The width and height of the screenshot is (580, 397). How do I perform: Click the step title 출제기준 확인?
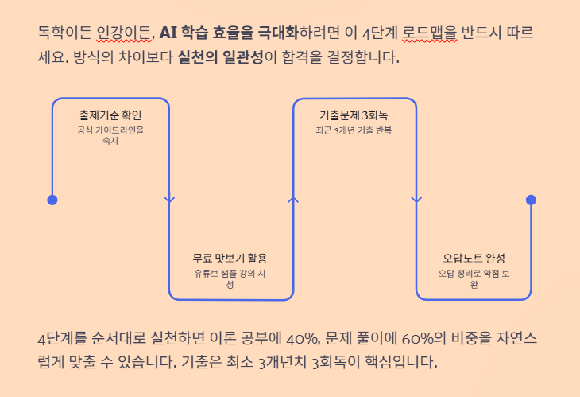(x=110, y=115)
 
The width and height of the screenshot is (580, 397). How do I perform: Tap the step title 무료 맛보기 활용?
(x=230, y=259)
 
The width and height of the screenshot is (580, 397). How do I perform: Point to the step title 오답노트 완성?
(x=474, y=259)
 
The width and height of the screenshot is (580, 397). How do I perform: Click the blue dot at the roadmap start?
(x=52, y=200)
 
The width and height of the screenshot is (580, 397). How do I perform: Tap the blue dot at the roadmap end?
(x=531, y=200)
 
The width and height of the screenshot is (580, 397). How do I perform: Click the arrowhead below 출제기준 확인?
(x=169, y=200)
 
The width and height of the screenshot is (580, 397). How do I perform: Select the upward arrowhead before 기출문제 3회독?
(x=293, y=200)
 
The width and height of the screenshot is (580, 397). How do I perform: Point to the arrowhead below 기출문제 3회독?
(x=416, y=200)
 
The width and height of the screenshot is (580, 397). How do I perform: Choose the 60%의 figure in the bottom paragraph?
(x=400, y=337)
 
